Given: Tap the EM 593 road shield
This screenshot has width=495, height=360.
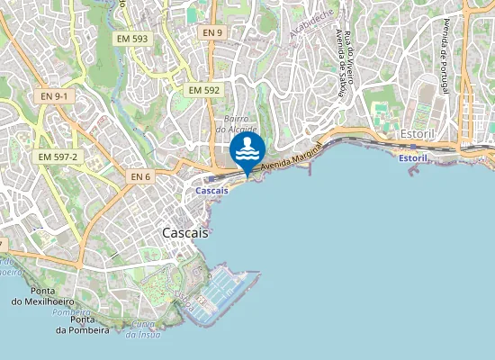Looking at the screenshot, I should point(132,39).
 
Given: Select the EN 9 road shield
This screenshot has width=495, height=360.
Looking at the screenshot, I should point(211,32).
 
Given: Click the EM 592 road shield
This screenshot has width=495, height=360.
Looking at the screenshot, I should point(204,90).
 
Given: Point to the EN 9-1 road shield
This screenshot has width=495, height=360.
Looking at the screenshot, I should point(54,95).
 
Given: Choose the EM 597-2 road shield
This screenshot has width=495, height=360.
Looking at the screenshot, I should point(59,157).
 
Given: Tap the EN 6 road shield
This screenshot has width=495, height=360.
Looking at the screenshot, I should point(139,176).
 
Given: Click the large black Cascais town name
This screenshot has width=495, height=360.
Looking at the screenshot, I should point(185,232).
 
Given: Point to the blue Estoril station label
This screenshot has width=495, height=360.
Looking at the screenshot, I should point(412,158).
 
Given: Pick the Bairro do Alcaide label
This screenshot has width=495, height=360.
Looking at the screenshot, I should point(236,124).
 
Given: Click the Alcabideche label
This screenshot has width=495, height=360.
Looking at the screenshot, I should point(310,24).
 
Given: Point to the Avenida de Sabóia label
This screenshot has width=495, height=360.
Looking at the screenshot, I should point(340,63).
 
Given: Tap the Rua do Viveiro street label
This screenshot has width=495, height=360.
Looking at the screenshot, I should point(350,63).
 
